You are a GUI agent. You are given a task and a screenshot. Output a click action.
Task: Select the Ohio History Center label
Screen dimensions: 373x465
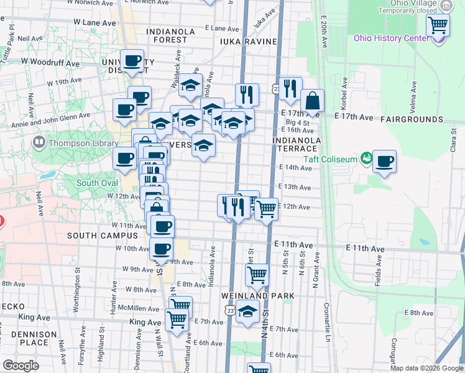click(391, 38)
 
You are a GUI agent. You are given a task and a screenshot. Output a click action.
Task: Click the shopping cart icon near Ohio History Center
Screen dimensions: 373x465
click(438, 25)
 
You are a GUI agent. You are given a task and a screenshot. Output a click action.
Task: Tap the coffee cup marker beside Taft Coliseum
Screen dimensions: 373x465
click(384, 162)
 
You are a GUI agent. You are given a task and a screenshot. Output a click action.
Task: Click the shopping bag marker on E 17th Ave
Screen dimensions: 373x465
click(312, 101)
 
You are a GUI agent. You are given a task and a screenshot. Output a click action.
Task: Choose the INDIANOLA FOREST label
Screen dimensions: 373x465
click(166, 35)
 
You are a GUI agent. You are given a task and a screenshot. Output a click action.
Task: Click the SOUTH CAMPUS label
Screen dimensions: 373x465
click(102, 236)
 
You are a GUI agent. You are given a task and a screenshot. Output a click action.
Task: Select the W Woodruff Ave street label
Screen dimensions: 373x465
click(50, 63)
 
